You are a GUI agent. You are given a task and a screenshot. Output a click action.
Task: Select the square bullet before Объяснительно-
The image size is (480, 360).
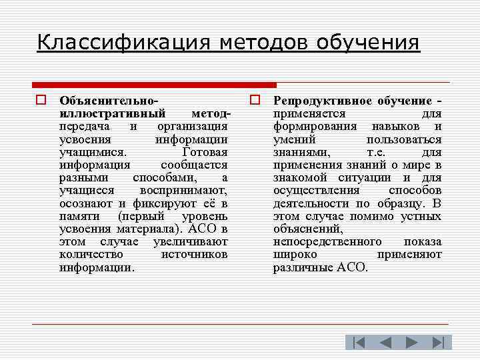click(x=41, y=101)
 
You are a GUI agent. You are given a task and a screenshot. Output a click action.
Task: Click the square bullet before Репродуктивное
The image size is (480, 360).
click(x=255, y=101)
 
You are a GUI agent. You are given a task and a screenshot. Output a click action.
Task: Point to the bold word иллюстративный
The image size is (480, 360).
click(x=112, y=114)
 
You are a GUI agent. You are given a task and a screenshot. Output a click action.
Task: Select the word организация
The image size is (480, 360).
click(x=193, y=127)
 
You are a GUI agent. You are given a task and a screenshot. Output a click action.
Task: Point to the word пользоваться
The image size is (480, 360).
click(x=404, y=139)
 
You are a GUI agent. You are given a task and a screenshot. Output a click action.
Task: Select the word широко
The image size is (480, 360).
click(x=295, y=255)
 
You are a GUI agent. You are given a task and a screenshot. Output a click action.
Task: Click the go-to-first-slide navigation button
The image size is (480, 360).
click(x=359, y=343)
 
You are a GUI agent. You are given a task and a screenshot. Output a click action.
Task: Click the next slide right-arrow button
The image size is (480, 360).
click(x=411, y=343)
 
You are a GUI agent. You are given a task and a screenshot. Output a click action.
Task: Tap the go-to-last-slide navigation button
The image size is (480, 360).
click(x=438, y=343)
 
